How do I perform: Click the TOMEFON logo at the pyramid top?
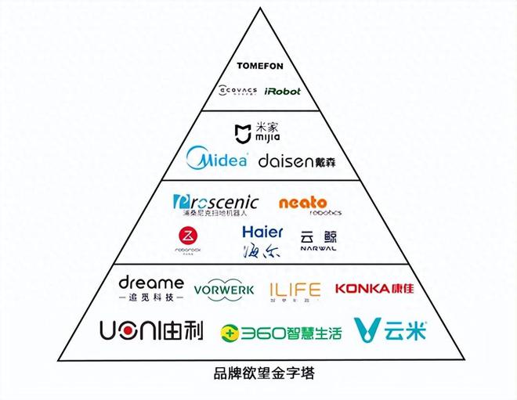pos(258,66)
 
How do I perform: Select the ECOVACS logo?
pos(238,91)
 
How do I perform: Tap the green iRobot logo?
pos(282,91)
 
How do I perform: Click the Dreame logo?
pos(151,288)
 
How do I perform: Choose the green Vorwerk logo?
pos(224,290)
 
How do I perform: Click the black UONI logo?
pos(151,331)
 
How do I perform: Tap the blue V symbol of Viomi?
pos(367,331)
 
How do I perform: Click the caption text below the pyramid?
pos(258,373)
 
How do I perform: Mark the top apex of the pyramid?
pos(258,8)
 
